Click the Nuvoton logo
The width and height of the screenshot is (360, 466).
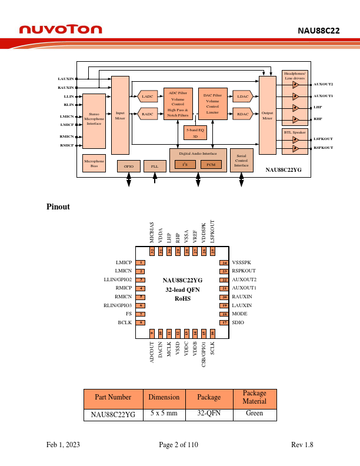[61, 29]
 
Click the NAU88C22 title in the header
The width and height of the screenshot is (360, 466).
[318, 31]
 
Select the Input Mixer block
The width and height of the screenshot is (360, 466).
[120, 115]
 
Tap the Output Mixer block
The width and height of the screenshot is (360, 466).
[267, 115]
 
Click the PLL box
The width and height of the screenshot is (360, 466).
[155, 167]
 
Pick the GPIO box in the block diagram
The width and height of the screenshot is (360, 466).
[128, 167]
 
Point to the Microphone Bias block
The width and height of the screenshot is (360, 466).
[94, 163]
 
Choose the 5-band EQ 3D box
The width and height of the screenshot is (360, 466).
[195, 132]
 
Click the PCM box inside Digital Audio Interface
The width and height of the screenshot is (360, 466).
[211, 165]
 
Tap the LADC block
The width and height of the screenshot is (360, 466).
[148, 96]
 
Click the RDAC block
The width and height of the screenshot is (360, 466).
[242, 114]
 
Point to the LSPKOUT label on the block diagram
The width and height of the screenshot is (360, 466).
[323, 139]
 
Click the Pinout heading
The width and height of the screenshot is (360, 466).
[58, 207]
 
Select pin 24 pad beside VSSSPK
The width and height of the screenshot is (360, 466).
[224, 262]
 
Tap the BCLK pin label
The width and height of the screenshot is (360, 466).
[124, 323]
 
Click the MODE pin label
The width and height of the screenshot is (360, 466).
[239, 314]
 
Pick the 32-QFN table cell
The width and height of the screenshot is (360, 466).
[209, 414]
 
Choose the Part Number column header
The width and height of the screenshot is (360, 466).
[113, 397]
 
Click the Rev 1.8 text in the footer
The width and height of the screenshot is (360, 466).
[302, 445]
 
